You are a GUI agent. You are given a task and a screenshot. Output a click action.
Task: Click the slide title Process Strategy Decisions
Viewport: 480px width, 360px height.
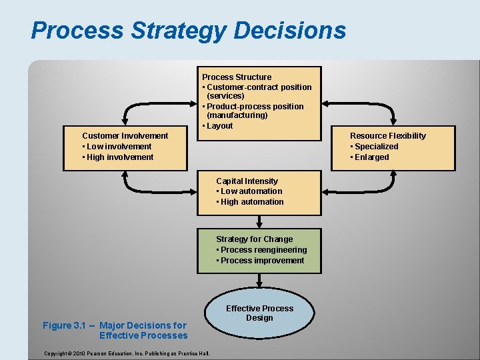pos(188,31)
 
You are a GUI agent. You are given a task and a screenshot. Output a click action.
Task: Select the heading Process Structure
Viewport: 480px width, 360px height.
pos(237,77)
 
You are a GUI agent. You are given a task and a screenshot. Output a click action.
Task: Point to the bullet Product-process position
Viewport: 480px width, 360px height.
pos(255,107)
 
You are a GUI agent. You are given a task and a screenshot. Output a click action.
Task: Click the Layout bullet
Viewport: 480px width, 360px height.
pos(219,126)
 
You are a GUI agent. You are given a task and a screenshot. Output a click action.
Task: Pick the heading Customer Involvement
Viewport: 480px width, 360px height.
pos(125,136)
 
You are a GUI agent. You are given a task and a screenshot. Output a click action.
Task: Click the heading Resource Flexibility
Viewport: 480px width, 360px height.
pos(387,136)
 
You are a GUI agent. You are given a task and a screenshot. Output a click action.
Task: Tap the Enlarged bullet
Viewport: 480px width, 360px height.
pos(371,157)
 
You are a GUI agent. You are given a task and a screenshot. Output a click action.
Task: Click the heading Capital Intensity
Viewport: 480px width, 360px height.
pos(247,181)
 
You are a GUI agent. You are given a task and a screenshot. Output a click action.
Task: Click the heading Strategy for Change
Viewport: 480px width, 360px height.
pos(254,239)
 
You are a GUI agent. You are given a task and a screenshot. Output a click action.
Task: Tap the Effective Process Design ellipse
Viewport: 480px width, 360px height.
pos(259,313)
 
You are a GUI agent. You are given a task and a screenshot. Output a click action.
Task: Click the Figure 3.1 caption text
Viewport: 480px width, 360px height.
pos(115,330)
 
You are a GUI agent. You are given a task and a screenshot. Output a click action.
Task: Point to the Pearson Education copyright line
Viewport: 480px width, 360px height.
pos(125,353)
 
